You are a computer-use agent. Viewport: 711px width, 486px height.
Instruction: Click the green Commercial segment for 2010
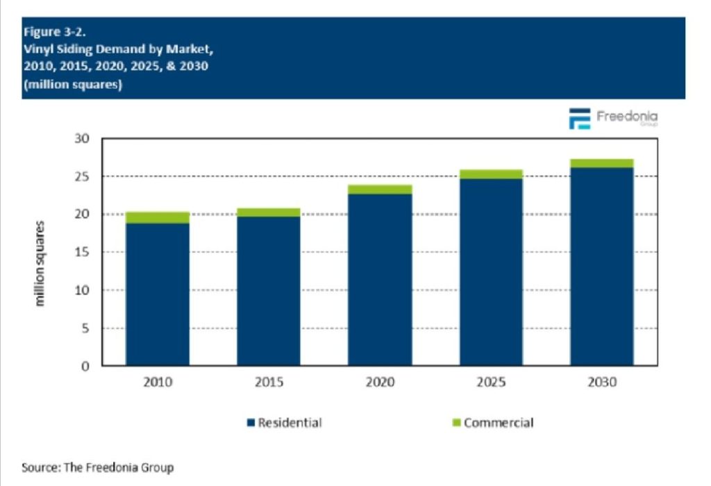(158, 217)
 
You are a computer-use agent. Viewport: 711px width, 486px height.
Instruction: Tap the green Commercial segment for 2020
(380, 189)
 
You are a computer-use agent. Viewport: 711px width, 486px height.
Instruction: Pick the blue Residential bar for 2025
(491, 271)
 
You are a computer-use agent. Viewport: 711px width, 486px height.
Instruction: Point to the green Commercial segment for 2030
(602, 163)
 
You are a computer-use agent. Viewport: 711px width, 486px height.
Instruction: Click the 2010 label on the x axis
(158, 382)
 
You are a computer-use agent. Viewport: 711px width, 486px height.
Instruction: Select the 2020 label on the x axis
(380, 382)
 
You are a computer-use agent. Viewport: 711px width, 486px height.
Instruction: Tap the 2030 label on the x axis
(602, 382)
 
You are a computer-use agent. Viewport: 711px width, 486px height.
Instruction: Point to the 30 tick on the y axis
(83, 139)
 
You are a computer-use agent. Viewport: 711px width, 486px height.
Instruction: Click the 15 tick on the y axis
(83, 252)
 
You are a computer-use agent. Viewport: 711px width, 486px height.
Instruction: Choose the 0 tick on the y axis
(86, 366)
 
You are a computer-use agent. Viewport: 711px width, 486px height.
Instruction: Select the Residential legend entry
(284, 422)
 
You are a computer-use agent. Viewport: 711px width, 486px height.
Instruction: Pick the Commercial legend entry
(492, 422)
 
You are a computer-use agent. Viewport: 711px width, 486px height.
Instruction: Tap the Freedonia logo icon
(579, 119)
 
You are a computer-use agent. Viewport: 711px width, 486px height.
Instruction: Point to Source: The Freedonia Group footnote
(97, 467)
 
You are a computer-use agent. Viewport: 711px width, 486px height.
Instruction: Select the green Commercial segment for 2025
(491, 174)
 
